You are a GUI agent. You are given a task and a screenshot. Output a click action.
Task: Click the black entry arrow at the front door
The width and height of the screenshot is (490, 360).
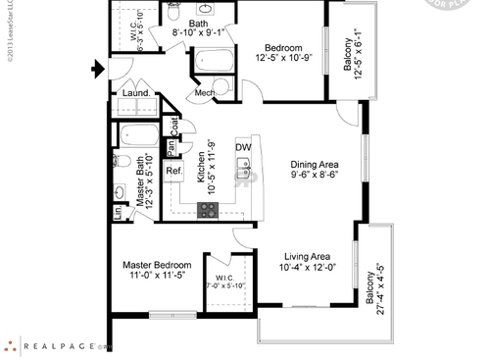(x=96, y=69)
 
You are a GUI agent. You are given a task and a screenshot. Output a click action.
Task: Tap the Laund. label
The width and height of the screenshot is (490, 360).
(x=135, y=95)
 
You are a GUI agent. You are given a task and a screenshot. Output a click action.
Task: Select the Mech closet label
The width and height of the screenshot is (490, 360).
(x=205, y=93)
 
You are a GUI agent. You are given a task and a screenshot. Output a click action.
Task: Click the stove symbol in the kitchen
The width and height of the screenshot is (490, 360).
(x=209, y=208)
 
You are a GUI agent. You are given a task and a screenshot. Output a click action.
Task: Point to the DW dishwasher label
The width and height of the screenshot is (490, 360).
(x=242, y=148)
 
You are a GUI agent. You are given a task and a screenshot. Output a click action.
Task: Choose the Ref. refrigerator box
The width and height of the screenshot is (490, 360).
(x=173, y=172)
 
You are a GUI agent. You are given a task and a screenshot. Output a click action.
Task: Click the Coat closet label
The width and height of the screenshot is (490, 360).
(x=174, y=126)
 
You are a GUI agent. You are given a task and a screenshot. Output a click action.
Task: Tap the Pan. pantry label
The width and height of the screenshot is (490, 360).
(x=171, y=148)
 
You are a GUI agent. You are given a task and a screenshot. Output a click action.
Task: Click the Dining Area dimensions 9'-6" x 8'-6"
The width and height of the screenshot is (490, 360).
(x=315, y=175)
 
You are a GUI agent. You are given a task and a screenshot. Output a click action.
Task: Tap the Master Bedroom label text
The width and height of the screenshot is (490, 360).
(x=157, y=265)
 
